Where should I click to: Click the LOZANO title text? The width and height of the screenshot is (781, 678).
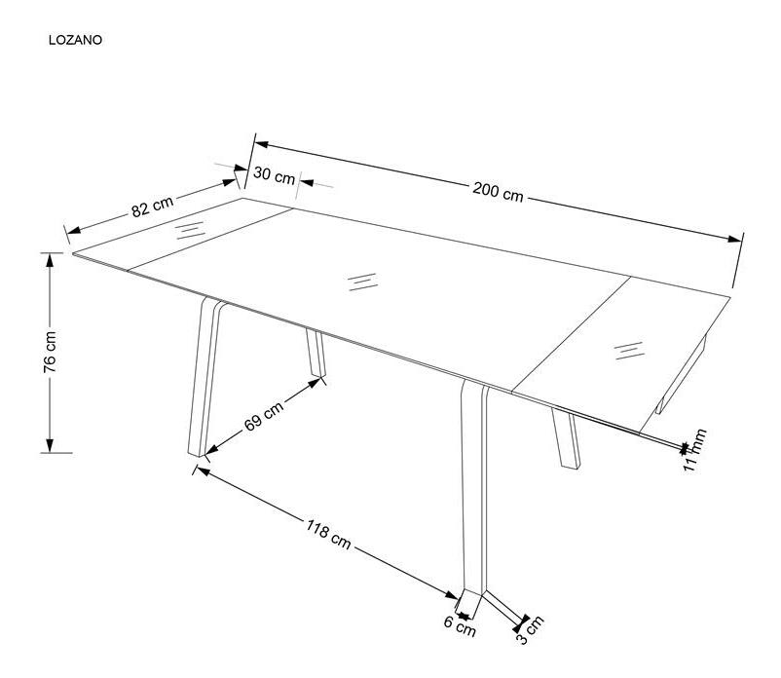75,40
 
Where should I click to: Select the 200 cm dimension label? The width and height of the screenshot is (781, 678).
498,192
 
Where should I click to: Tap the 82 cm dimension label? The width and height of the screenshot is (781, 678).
153,207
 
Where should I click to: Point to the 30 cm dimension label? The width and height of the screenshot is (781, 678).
274,175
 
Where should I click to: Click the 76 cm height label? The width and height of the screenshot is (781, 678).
50,352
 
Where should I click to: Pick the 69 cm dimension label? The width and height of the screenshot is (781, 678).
264,416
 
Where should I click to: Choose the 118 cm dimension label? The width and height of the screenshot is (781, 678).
328,534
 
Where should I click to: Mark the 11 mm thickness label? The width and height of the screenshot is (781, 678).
694,450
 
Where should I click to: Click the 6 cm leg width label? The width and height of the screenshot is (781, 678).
460,626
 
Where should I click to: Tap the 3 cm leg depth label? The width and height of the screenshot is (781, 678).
530,630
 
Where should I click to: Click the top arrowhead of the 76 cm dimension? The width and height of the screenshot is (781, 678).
50,260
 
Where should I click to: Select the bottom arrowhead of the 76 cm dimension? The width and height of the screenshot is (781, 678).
50,446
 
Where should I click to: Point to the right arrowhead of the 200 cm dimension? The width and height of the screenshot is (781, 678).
734,239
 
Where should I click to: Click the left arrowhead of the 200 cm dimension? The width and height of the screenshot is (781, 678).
262,144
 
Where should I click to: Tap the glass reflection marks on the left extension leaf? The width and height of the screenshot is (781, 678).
190,230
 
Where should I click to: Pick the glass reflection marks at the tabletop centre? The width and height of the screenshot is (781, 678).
362,282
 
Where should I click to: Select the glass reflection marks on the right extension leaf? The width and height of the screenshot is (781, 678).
629,351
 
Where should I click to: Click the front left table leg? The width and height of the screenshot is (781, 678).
204,377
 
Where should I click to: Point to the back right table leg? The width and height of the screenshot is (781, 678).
567,437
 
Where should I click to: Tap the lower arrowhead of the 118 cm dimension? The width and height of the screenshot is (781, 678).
452,596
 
